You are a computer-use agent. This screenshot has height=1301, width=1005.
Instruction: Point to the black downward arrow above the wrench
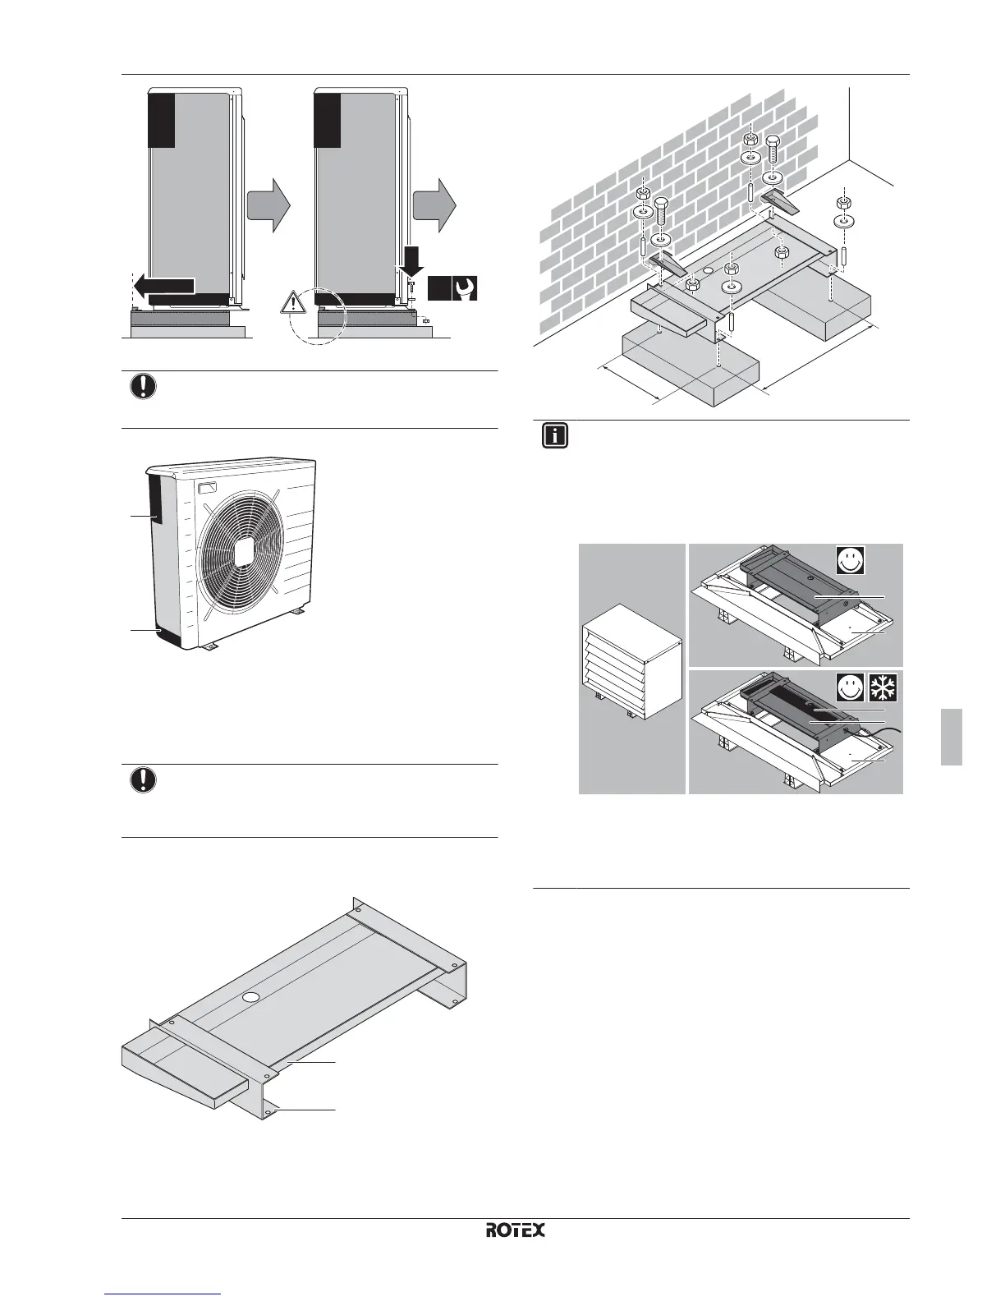(x=411, y=260)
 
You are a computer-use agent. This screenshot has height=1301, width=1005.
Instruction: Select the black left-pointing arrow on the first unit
(x=163, y=286)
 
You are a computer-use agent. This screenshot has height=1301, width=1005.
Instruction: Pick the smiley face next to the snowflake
(x=851, y=687)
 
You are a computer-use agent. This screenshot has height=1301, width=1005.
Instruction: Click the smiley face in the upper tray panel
(x=851, y=561)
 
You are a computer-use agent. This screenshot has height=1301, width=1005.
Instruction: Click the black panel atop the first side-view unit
(x=162, y=120)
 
